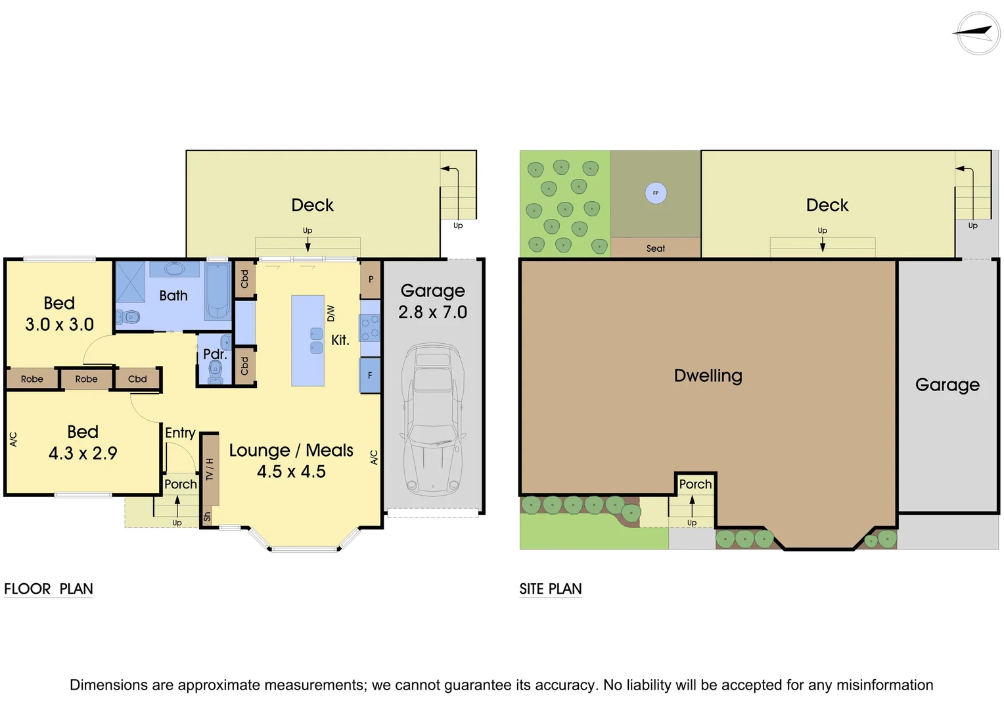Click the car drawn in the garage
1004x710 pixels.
tap(432, 419)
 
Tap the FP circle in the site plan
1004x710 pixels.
tap(655, 193)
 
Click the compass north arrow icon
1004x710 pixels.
tap(977, 33)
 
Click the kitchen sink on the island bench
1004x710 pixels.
tap(316, 341)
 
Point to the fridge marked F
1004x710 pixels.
tap(370, 375)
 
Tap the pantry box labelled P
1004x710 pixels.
tap(371, 279)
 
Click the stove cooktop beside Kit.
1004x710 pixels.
tap(370, 327)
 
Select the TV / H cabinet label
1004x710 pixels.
tap(210, 469)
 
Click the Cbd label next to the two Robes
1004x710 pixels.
tap(137, 379)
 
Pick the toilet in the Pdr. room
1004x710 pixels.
tap(215, 372)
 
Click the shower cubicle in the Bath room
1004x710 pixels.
tap(130, 282)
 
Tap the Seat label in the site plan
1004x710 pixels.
tap(655, 248)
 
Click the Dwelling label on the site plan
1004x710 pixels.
tap(708, 375)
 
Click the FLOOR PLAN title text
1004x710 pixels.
tap(49, 589)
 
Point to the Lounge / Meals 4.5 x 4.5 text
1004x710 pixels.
tap(291, 461)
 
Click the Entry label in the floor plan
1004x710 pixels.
tap(180, 433)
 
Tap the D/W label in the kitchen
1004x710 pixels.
tap(331, 313)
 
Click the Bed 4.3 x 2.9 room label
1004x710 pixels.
tap(83, 442)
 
